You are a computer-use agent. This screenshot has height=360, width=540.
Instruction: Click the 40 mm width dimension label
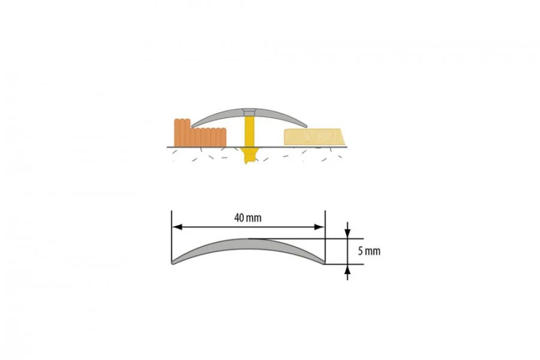coord(248,218)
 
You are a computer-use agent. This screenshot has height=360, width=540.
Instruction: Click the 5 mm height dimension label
coord(369,251)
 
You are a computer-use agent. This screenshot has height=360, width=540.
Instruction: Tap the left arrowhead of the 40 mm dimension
coord(177,227)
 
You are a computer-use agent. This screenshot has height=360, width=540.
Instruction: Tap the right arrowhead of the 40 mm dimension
coord(319,227)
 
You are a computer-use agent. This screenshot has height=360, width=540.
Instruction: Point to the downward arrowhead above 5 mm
coord(347,234)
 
